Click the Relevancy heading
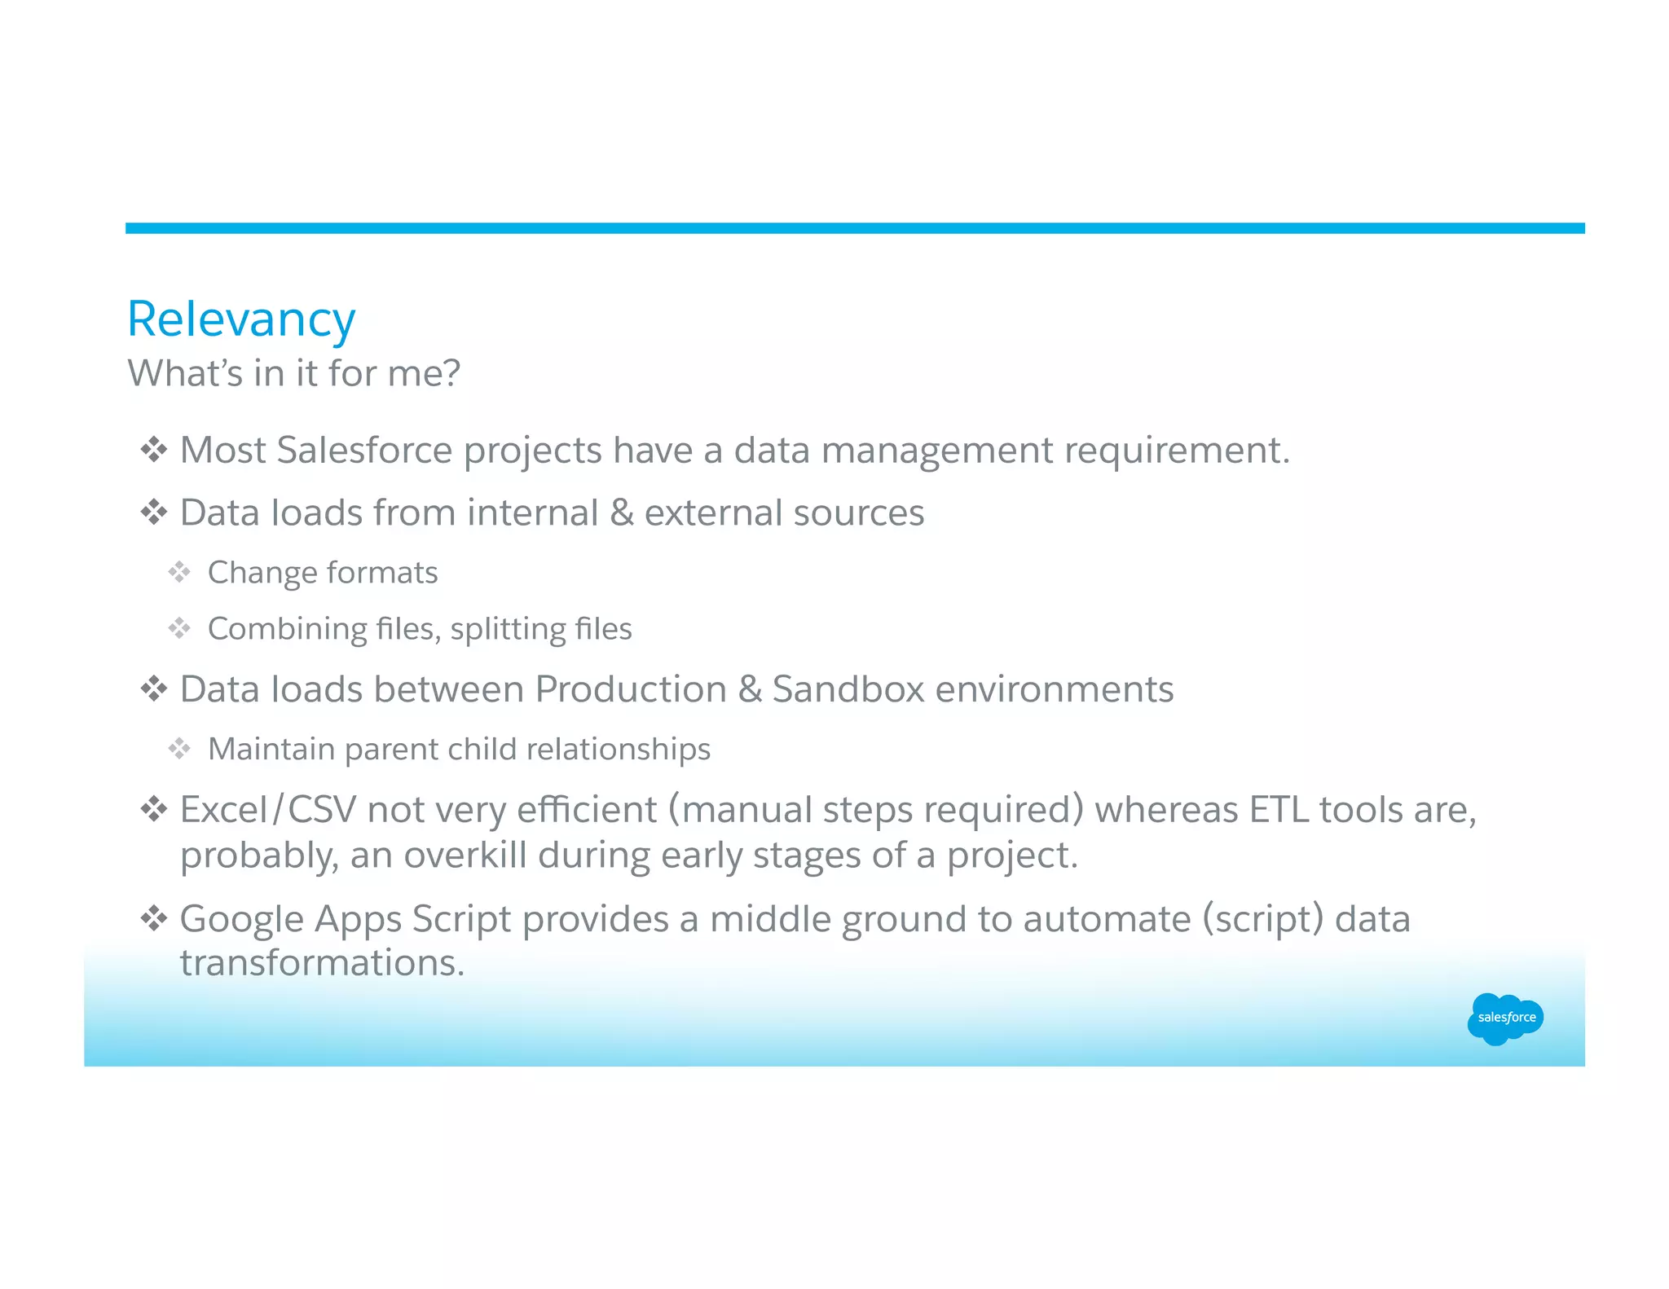[241, 319]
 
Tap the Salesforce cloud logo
[1505, 1018]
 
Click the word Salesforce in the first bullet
[364, 451]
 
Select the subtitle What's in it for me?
[294, 373]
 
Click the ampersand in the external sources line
[621, 513]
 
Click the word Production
[631, 690]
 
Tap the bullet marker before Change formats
[179, 572]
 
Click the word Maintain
[271, 750]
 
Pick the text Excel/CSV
[268, 810]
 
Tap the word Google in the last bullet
[241, 919]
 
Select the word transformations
[322, 963]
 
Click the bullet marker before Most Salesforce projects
[153, 450]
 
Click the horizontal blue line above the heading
[854, 228]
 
